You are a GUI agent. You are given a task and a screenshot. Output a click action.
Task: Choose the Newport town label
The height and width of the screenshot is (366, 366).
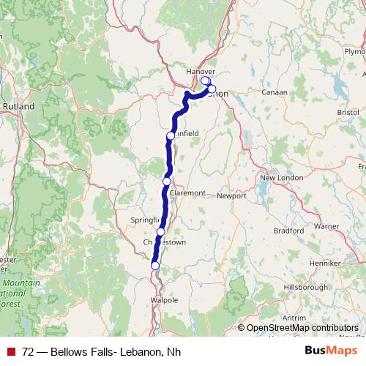click(232, 196)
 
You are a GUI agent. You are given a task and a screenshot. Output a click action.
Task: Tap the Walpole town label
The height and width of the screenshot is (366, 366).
click(163, 300)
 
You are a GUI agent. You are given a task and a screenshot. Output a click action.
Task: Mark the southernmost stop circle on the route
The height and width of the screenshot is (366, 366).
click(154, 266)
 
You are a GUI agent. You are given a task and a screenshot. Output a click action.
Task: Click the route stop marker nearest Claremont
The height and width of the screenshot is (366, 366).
click(167, 181)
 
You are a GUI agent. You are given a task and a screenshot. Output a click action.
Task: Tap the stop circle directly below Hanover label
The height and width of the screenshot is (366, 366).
click(206, 81)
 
